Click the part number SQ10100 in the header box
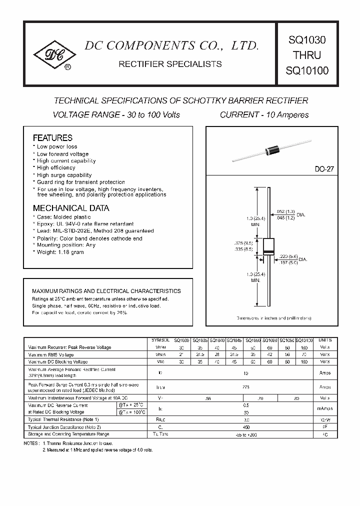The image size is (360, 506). click(x=306, y=70)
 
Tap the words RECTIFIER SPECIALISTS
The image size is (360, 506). click(x=169, y=64)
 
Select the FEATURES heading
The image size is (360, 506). click(x=52, y=137)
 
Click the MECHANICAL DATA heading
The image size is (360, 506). click(x=71, y=208)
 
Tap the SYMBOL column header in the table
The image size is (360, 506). click(x=160, y=339)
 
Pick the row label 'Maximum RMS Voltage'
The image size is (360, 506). click(x=51, y=354)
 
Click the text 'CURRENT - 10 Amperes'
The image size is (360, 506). click(x=264, y=114)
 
